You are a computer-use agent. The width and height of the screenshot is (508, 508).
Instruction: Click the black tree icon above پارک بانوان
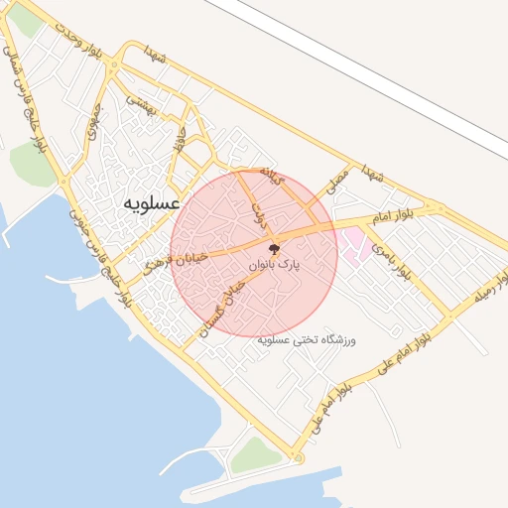(x=274, y=249)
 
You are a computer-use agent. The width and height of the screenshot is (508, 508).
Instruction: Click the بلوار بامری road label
(x=391, y=256)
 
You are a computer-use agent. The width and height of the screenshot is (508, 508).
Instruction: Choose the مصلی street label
(x=338, y=179)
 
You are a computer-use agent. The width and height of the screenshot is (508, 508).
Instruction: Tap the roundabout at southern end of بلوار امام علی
(x=297, y=457)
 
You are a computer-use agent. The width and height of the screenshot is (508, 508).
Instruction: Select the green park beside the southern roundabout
(x=256, y=455)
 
